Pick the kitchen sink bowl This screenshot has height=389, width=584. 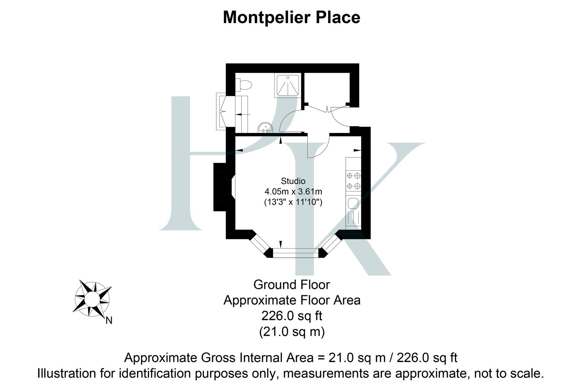pos(352,204)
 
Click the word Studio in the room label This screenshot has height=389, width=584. pos(293,181)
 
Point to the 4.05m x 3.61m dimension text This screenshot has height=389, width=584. pos(293,191)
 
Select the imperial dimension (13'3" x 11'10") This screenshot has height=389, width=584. pos(293,202)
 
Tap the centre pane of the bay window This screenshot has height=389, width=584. pos(296,253)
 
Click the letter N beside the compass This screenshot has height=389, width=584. pos(109,320)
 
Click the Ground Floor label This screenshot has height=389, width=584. pos(291,285)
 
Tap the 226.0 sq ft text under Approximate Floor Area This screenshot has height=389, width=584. pos(291,316)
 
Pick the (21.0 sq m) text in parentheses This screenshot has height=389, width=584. pos(291,331)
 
